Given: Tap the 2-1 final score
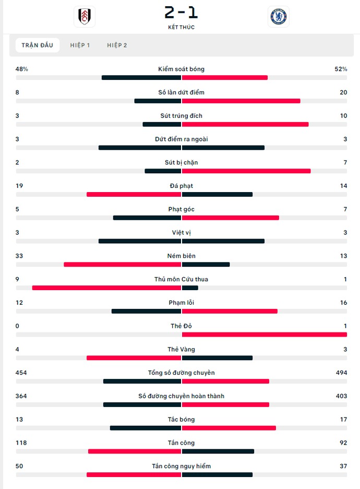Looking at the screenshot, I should click(181, 12).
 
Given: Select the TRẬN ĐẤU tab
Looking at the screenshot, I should click(38, 45).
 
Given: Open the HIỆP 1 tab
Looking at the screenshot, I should click(80, 45).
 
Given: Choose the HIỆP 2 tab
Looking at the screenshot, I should click(117, 45).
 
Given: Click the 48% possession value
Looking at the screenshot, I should click(21, 69).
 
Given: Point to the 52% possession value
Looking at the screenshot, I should click(341, 69).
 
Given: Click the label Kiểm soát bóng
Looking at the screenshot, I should click(182, 69).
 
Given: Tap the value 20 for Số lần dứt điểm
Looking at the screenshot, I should click(343, 92).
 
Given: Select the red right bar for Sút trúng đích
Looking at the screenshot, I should click(245, 124).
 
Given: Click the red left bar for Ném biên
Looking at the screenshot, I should click(122, 265).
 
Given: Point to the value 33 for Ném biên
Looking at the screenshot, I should click(19, 256).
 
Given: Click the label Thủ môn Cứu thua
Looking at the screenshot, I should click(182, 279).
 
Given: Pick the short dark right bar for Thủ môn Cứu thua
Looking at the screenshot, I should click(190, 288).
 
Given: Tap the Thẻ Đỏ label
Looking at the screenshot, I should click(182, 326).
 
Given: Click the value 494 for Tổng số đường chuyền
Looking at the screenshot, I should click(341, 373).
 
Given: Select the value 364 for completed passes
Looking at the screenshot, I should click(21, 396).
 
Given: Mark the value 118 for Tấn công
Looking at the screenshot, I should click(21, 443).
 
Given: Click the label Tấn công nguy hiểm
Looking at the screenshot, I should click(182, 466).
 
